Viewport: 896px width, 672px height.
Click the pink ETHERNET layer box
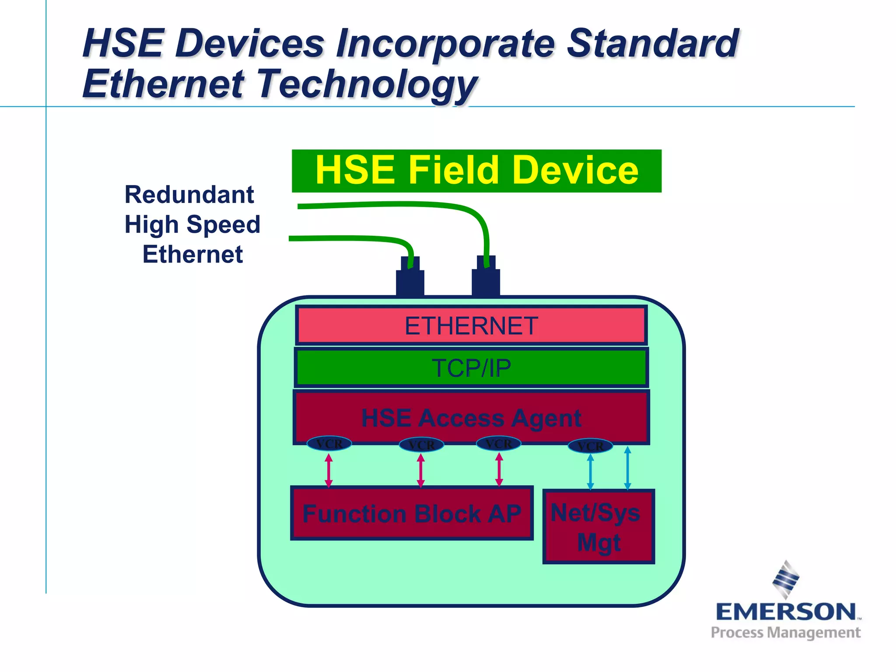[x=471, y=325]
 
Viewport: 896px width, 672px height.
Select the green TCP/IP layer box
[x=471, y=367]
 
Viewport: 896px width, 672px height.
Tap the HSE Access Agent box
[x=471, y=417]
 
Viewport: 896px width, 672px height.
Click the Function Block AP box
[x=412, y=513]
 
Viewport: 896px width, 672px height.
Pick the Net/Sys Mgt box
[x=598, y=527]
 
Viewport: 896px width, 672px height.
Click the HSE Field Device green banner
[x=476, y=171]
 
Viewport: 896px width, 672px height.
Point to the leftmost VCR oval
[x=329, y=444]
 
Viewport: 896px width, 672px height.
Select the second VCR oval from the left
[x=421, y=445]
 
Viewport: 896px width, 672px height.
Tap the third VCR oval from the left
[x=499, y=444]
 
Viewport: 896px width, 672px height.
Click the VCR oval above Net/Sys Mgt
[x=590, y=446]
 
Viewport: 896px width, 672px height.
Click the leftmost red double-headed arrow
[x=329, y=471]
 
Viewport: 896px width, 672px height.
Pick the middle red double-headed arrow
[x=421, y=471]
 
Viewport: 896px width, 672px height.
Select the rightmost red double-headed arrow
[x=499, y=470]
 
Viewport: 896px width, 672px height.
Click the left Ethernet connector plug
[x=410, y=278]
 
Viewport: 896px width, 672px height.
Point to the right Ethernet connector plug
[x=486, y=277]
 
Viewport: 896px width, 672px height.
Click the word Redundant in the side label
[x=189, y=195]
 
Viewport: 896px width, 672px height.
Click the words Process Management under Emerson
[x=786, y=633]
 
